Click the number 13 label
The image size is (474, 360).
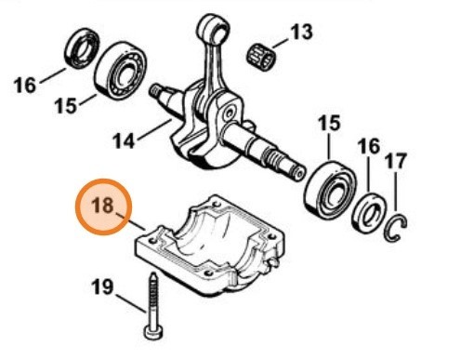click(301, 33)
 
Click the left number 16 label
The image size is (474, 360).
click(26, 86)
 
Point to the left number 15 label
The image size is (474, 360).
click(64, 106)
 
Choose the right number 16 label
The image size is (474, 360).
click(369, 146)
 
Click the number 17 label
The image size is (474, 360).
click(396, 161)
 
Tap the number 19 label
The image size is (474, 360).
click(103, 287)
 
